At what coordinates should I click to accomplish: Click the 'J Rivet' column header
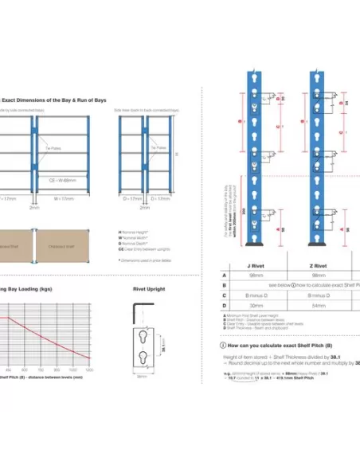click(256, 266)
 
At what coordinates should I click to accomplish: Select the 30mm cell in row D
click(256, 305)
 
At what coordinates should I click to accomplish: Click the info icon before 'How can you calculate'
click(222, 346)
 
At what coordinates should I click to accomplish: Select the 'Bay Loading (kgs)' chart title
click(25, 290)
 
